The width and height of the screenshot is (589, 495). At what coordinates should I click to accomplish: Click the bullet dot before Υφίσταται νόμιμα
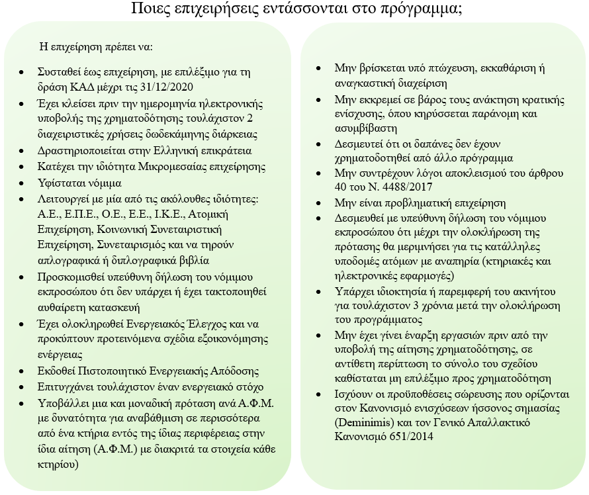[x=24, y=182]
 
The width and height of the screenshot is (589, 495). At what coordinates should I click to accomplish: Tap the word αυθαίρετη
[x=67, y=306]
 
